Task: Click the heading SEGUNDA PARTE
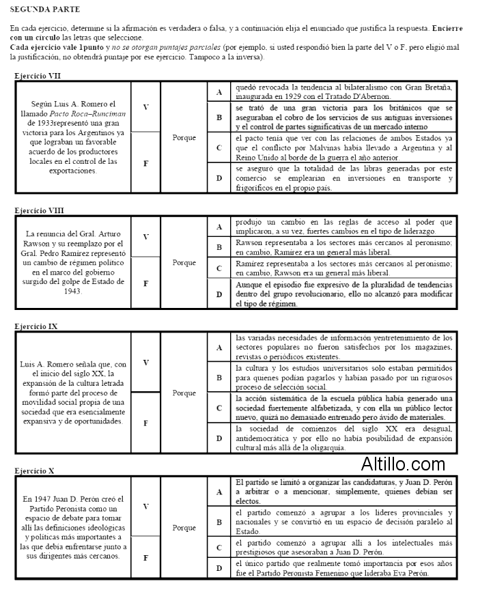[45, 10]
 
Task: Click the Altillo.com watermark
[404, 464]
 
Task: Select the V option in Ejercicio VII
[145, 108]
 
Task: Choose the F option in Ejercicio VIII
[145, 282]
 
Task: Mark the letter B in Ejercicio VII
[219, 117]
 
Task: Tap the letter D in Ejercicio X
[219, 568]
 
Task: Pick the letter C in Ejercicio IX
[219, 408]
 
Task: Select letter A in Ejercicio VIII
[219, 227]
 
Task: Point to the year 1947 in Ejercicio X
[53, 499]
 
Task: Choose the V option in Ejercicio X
[145, 506]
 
